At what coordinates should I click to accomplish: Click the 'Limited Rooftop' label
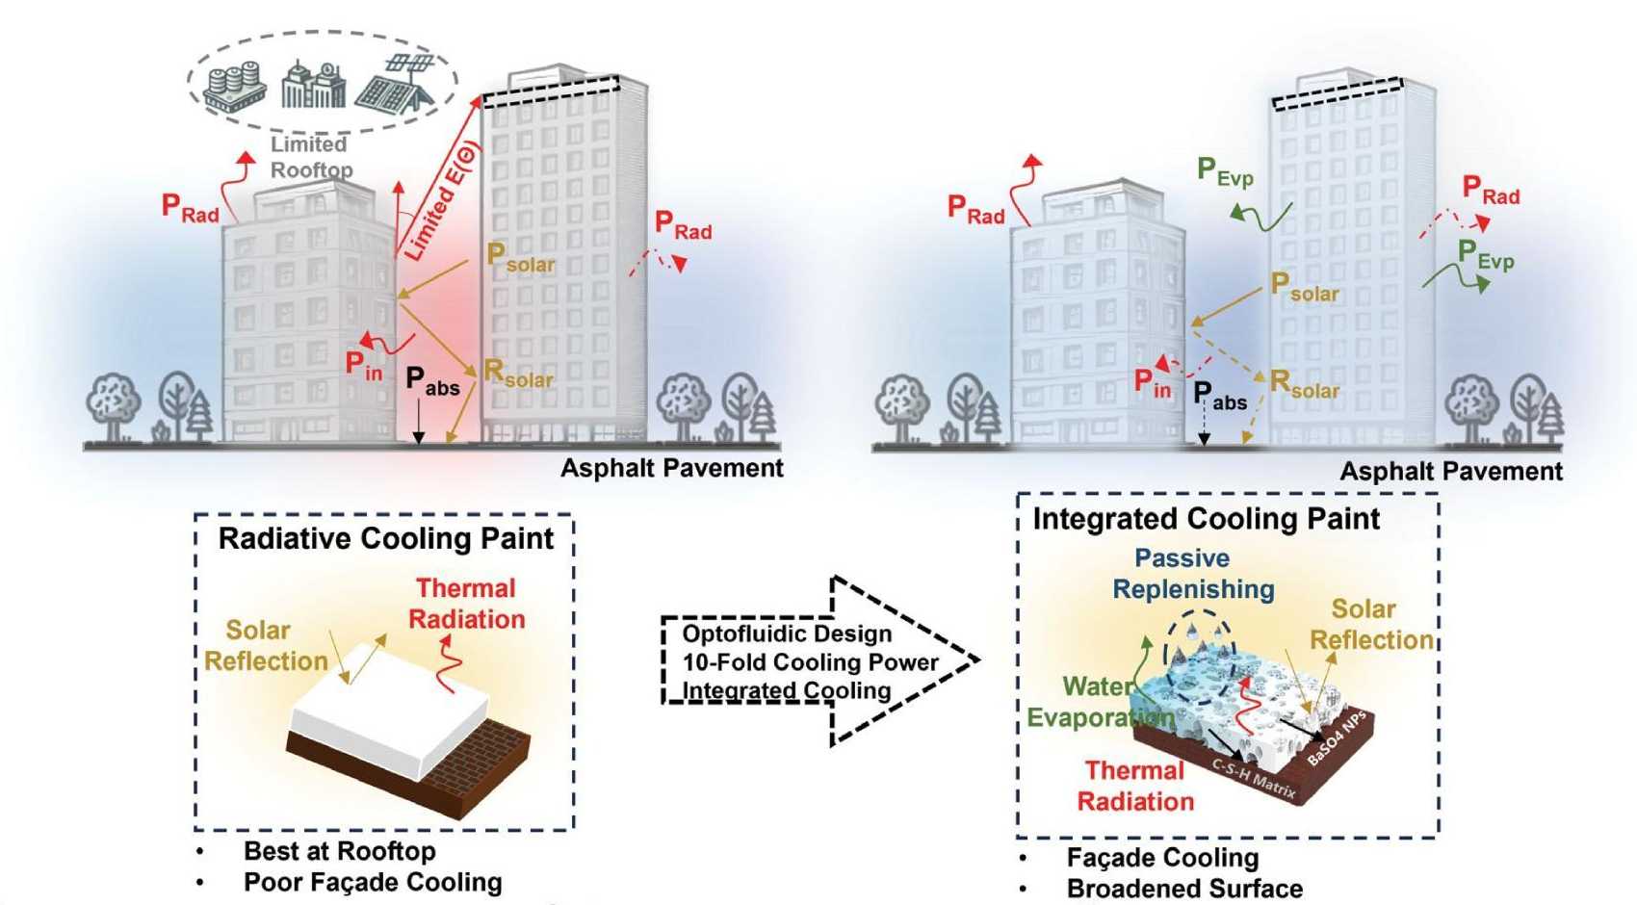(311, 157)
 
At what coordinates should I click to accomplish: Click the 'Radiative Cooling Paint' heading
(385, 538)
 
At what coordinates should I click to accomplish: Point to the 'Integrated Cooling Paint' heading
(1206, 519)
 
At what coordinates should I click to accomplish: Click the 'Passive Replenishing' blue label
(1193, 574)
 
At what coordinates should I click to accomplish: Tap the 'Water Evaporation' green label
(1098, 702)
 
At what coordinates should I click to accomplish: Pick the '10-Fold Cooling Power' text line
(810, 662)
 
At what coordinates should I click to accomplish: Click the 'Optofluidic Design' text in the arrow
(787, 633)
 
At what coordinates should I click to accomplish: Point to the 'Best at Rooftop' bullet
(339, 851)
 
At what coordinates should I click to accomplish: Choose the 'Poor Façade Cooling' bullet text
(373, 882)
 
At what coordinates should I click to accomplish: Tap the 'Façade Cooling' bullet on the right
(1162, 857)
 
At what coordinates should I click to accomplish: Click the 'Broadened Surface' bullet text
(1184, 888)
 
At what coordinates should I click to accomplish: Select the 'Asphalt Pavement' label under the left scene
(672, 469)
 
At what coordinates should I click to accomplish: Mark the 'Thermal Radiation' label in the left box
(467, 604)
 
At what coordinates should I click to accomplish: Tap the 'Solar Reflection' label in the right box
(1370, 624)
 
